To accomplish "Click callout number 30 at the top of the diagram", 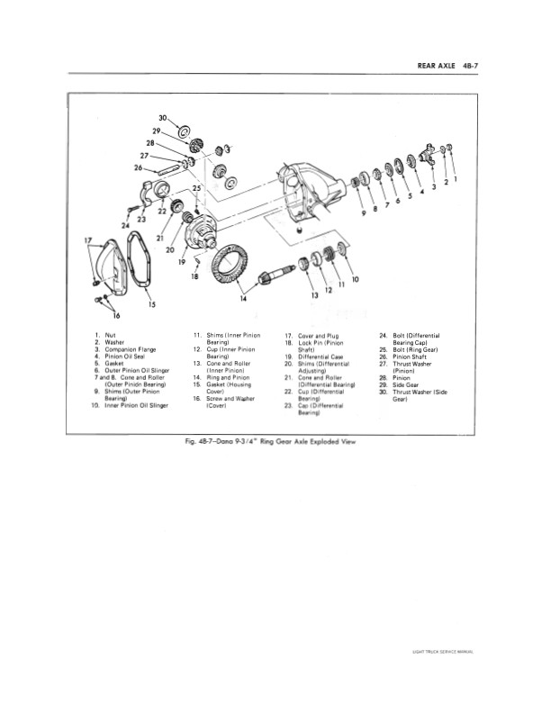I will (163, 118).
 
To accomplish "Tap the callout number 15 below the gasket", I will (151, 303).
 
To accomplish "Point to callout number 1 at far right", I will (456, 178).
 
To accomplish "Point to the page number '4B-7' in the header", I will (464, 65).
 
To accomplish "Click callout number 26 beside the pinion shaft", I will (138, 167).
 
